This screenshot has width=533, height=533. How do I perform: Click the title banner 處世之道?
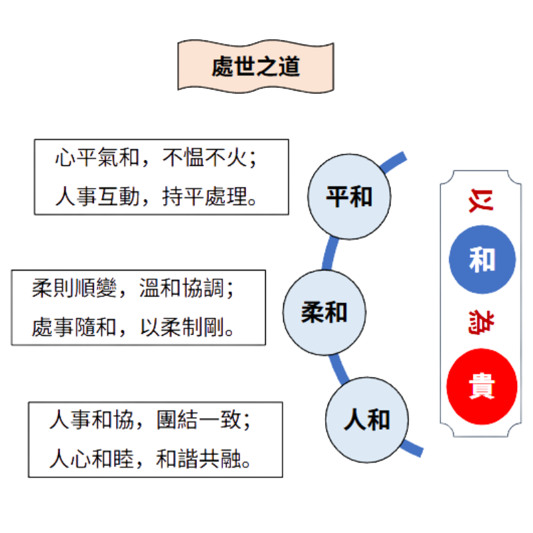click(255, 67)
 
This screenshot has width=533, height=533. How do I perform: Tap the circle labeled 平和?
click(349, 197)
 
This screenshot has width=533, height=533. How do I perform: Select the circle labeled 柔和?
click(324, 311)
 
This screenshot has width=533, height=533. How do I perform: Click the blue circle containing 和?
click(482, 259)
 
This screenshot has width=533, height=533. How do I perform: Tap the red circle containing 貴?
click(482, 386)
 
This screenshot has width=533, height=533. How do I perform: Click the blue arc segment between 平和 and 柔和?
click(330, 253)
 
